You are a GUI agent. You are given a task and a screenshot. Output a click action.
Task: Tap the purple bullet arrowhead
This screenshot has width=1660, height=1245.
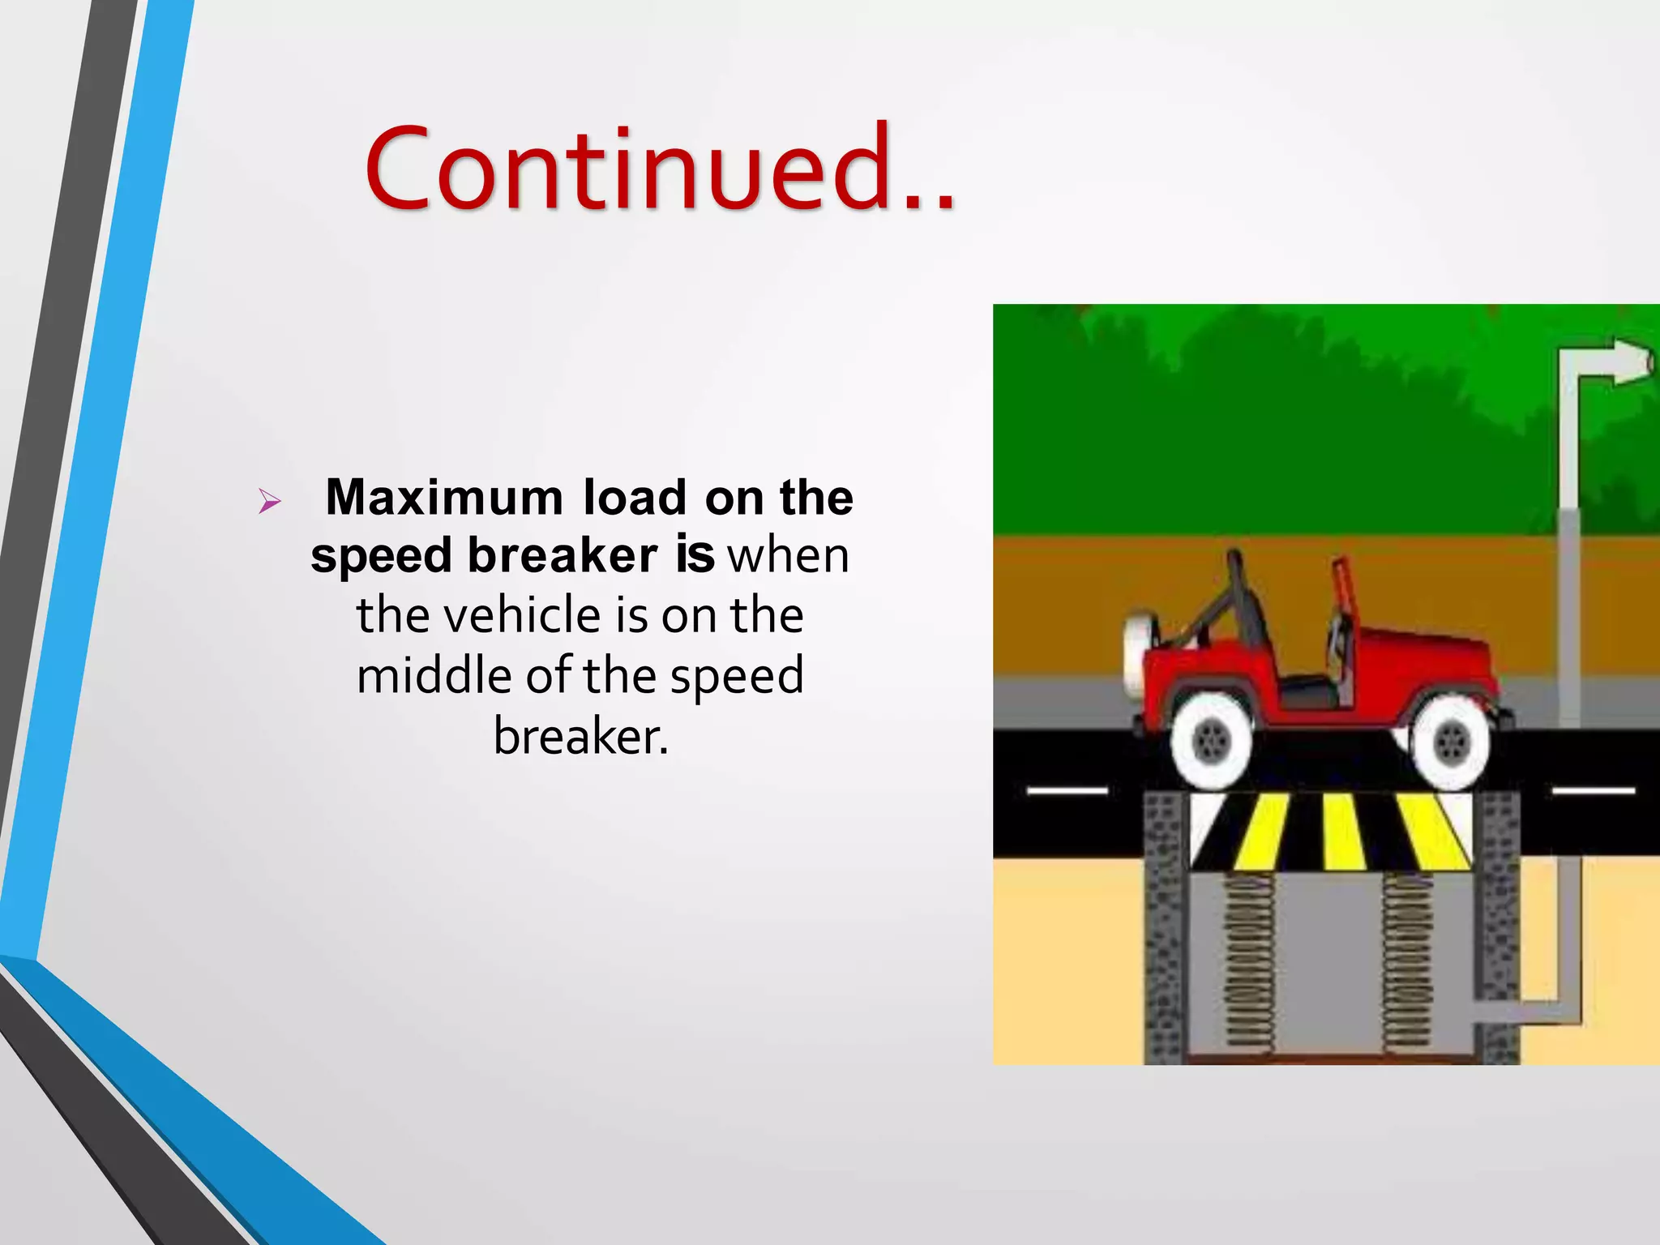pos(269,502)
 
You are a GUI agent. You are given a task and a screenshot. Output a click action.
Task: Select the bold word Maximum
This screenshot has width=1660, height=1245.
pos(444,497)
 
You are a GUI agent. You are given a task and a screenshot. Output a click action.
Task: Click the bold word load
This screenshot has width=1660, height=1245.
pos(635,497)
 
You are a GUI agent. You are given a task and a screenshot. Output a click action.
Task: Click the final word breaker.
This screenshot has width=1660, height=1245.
pos(581,736)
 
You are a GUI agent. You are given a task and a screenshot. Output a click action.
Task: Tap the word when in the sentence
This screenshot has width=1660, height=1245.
pos(789,556)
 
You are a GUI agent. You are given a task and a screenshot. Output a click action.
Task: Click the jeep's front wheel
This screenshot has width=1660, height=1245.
pos(1450,742)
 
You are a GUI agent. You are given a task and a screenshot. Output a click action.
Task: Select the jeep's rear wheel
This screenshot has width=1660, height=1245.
pos(1211,742)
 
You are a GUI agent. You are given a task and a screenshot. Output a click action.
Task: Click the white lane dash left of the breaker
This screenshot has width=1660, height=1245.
pos(1067,790)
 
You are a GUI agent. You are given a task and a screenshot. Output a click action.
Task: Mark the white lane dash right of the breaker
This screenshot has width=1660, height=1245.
pos(1593,790)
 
